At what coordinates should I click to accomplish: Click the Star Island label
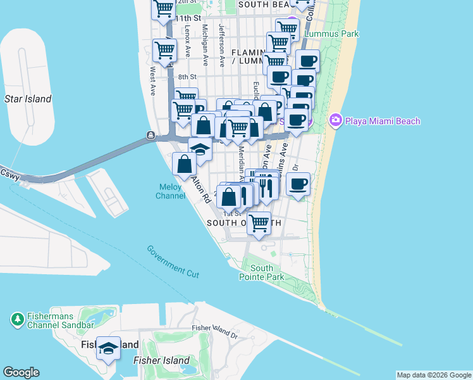pyautogui.click(x=28, y=99)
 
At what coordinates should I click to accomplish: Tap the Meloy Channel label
pyautogui.click(x=170, y=191)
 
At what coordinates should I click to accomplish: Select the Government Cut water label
pyautogui.click(x=173, y=261)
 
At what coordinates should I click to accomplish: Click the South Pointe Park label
pyautogui.click(x=261, y=272)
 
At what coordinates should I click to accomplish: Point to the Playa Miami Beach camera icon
pyautogui.click(x=335, y=120)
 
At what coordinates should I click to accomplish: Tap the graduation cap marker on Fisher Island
pyautogui.click(x=109, y=349)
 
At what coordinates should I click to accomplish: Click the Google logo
pyautogui.click(x=21, y=372)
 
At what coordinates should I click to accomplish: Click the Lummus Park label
pyautogui.click(x=331, y=34)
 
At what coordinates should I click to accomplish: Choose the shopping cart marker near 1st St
pyautogui.click(x=259, y=223)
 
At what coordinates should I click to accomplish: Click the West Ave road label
pyautogui.click(x=153, y=82)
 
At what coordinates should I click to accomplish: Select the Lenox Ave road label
pyautogui.click(x=188, y=43)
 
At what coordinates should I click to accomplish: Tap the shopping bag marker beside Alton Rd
pyautogui.click(x=184, y=165)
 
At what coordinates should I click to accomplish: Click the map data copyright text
pyautogui.click(x=434, y=375)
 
